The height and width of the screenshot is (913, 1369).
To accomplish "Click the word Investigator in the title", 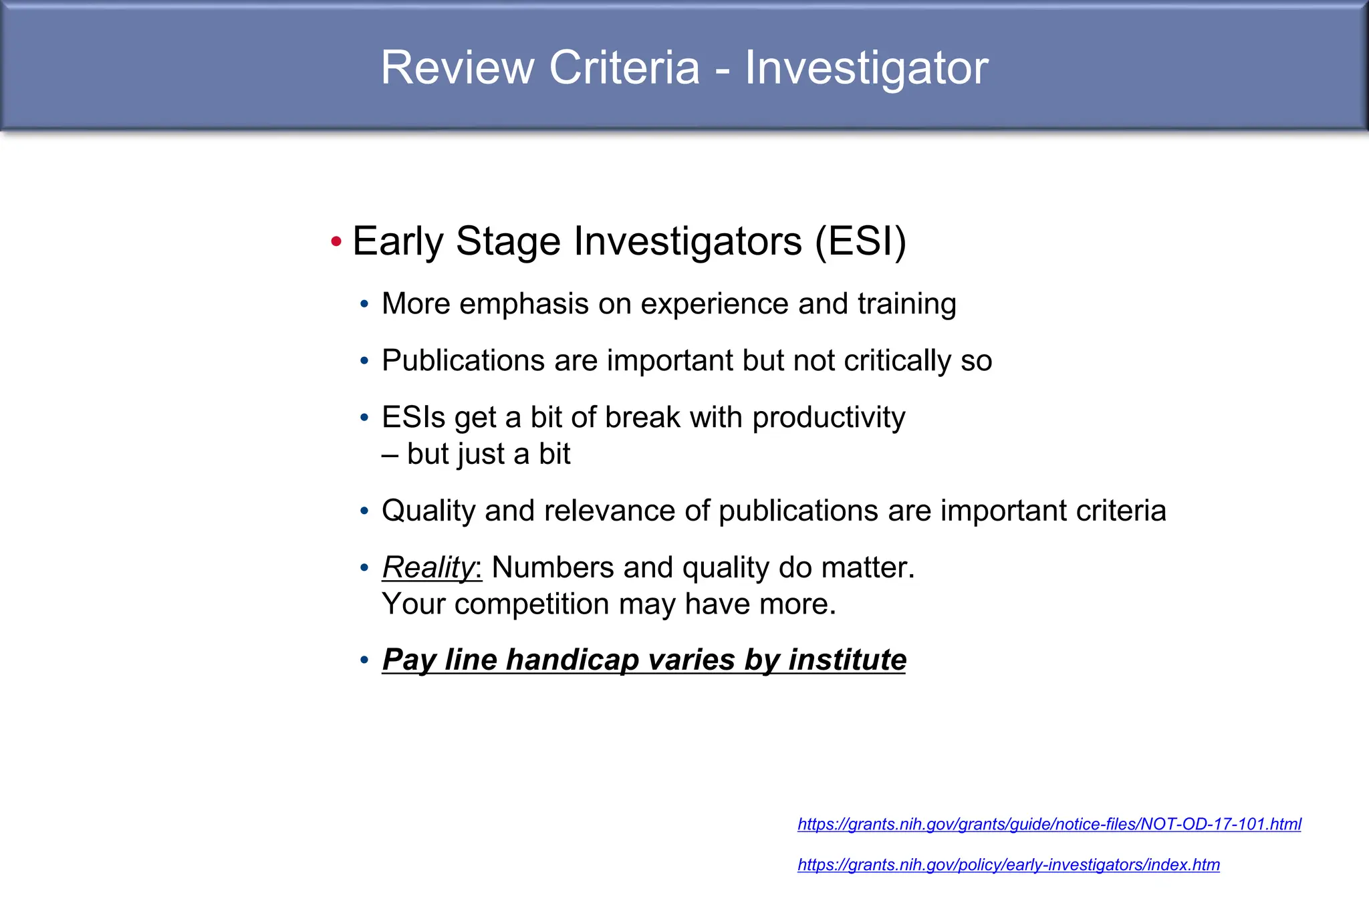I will click(866, 69).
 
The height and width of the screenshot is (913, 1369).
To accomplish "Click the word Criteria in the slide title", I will click(624, 68).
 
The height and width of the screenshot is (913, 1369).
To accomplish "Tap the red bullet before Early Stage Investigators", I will click(336, 241).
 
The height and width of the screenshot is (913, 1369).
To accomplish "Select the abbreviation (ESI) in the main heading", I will click(860, 241).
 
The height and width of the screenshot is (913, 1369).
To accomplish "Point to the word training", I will click(907, 305).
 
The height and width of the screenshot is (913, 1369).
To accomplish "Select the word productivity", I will click(828, 418).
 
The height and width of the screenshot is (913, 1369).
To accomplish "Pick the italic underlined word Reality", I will click(428, 568).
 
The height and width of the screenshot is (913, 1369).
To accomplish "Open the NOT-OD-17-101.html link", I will click(1049, 824).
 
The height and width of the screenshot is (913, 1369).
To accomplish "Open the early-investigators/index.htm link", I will click(1008, 865).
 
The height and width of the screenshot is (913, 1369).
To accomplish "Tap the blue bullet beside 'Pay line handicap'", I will click(364, 660).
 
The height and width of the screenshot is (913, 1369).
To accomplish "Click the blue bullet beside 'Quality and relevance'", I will click(364, 511).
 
